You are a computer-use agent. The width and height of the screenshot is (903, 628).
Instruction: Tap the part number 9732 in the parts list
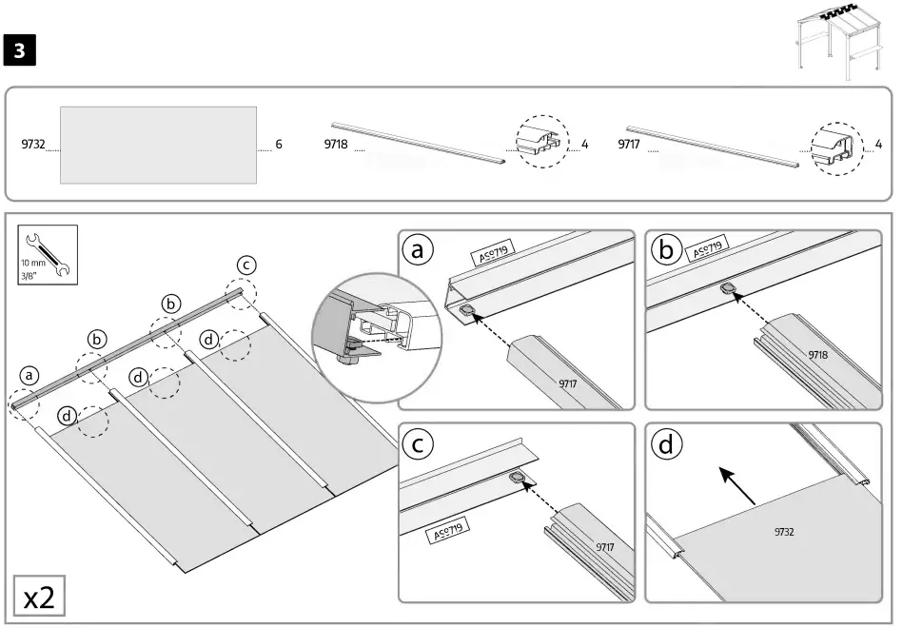33,145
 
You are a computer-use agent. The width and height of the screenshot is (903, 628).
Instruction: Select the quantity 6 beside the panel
279,145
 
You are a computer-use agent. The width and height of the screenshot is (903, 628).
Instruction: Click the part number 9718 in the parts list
336,145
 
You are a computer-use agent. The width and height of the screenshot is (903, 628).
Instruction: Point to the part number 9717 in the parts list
629,145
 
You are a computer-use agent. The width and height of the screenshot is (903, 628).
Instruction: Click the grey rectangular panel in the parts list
158,145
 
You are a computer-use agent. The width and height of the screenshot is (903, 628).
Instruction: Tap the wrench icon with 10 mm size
45,254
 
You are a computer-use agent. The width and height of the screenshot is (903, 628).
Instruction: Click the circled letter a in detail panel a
417,250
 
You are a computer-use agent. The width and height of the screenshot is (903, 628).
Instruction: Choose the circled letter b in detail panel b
665,250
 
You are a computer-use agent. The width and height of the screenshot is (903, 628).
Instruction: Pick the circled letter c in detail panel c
417,444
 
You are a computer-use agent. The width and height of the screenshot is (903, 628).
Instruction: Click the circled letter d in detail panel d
665,444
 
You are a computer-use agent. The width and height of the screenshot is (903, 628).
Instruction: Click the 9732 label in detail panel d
784,532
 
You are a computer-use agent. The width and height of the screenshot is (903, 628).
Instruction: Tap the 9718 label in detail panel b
817,354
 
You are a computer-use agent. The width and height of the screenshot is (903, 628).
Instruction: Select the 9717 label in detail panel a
569,383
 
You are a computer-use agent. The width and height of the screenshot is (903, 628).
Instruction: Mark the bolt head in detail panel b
729,288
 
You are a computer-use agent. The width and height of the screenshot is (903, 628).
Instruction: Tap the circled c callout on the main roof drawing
245,265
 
